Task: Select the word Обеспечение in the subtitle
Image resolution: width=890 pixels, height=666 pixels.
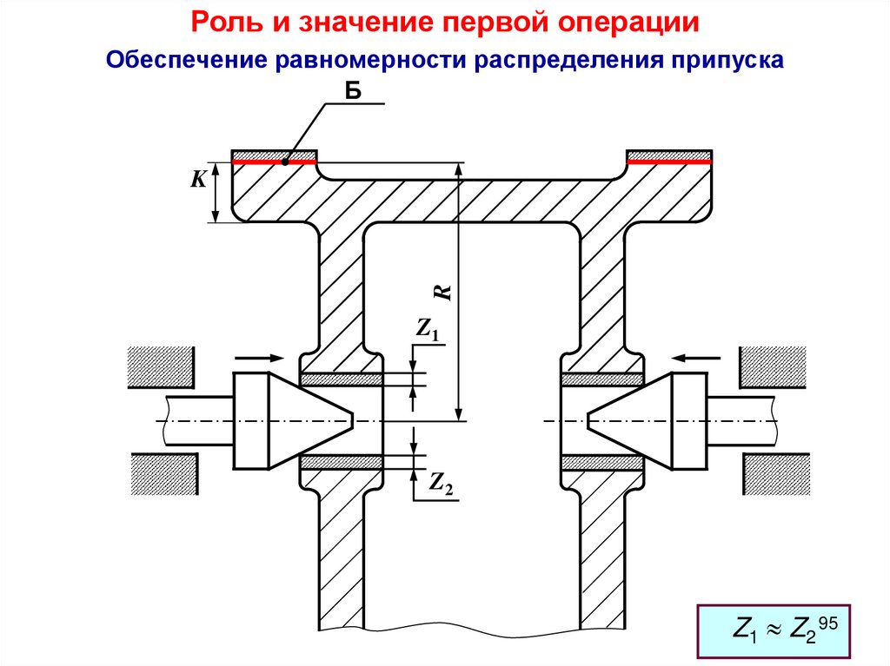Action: pyautogui.click(x=185, y=60)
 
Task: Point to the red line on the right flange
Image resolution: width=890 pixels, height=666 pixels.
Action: pyautogui.click(x=670, y=162)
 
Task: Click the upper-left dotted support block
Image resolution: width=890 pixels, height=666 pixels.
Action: pyautogui.click(x=162, y=366)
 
